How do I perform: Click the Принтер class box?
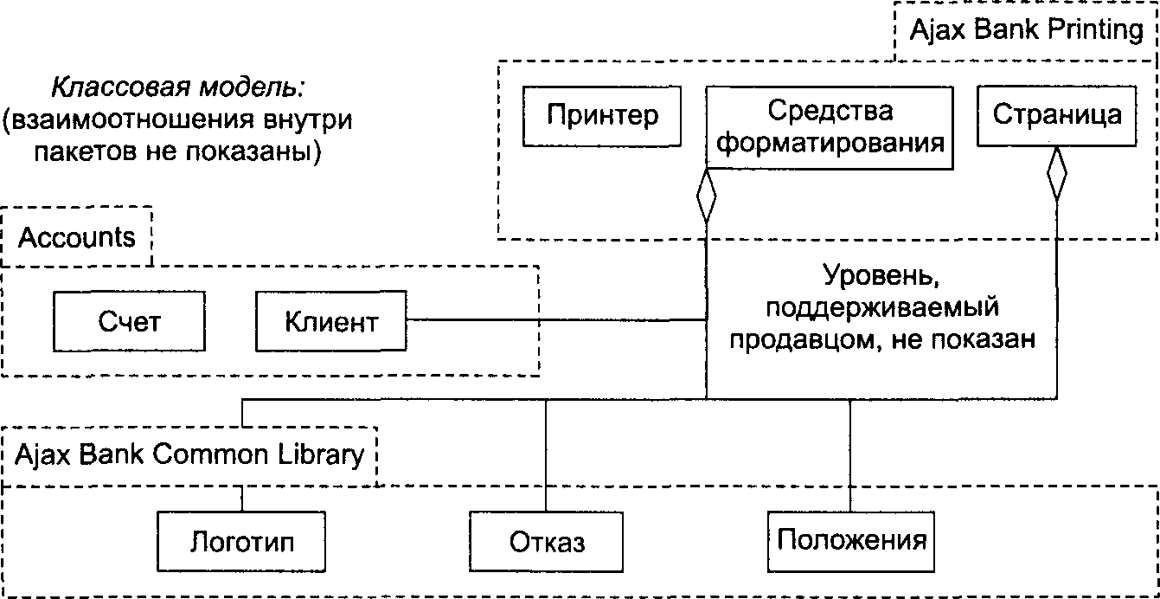[602, 116]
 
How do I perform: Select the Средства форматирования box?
[830, 127]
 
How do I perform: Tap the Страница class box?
[1056, 115]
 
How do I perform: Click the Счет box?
[129, 321]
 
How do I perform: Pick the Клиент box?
[331, 321]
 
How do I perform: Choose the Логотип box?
[241, 542]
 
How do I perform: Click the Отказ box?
[547, 542]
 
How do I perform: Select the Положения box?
[851, 542]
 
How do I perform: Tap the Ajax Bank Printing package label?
[1027, 29]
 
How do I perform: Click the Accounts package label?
[77, 237]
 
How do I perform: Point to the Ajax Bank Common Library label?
[189, 455]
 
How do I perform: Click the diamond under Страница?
[1056, 174]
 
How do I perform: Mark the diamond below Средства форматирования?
[707, 196]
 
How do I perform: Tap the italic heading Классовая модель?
[177, 87]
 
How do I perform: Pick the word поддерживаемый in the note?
[882, 308]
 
